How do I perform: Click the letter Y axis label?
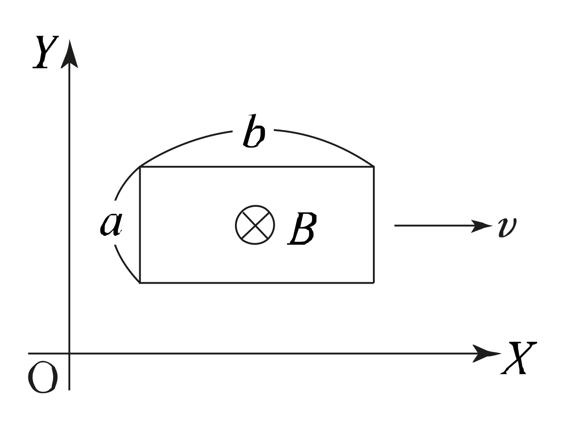pyautogui.click(x=46, y=52)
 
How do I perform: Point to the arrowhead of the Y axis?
pyautogui.click(x=69, y=52)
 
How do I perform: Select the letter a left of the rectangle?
pyautogui.click(x=111, y=223)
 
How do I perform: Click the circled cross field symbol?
pyautogui.click(x=255, y=225)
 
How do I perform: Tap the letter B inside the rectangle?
pyautogui.click(x=302, y=229)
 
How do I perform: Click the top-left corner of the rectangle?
pyautogui.click(x=140, y=167)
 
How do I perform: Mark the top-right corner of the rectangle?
pyautogui.click(x=373, y=167)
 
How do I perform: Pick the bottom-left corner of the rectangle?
pyautogui.click(x=140, y=283)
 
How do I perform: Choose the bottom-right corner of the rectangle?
pyautogui.click(x=373, y=283)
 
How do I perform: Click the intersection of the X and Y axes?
pyautogui.click(x=69, y=353)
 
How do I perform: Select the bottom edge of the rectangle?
pyautogui.click(x=257, y=283)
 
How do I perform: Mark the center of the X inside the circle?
pyautogui.click(x=255, y=225)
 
